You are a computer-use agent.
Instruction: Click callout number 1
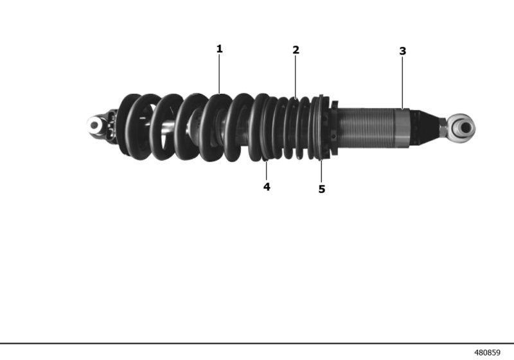click(x=219, y=48)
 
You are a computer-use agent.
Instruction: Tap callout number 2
click(x=296, y=50)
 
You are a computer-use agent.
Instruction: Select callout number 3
click(x=403, y=51)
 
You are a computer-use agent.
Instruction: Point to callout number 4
click(x=267, y=186)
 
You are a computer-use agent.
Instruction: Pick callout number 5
click(x=322, y=189)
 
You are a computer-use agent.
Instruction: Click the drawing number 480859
click(x=488, y=353)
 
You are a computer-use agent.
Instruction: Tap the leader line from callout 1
click(x=219, y=74)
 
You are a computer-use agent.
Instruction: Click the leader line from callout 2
click(x=296, y=77)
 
